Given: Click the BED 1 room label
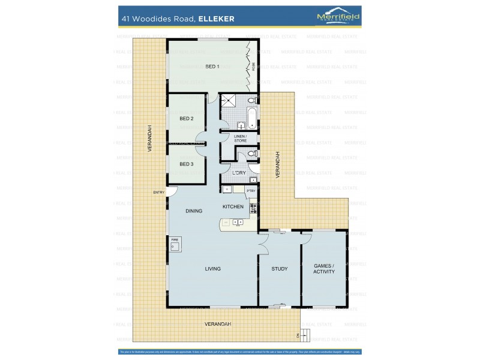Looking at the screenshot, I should pyautogui.click(x=212, y=66).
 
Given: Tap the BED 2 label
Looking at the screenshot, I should pyautogui.click(x=187, y=118).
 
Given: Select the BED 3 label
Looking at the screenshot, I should pyautogui.click(x=187, y=163).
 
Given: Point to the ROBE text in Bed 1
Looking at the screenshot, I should pyautogui.click(x=253, y=66).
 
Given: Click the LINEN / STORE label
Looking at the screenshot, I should pyautogui.click(x=240, y=139).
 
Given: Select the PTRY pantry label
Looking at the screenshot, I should pyautogui.click(x=251, y=191).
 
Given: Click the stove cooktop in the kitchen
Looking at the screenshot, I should pyautogui.click(x=253, y=209).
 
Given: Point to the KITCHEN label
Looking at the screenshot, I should pyautogui.click(x=233, y=206).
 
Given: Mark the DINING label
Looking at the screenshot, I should pyautogui.click(x=194, y=211).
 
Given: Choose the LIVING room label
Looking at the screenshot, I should pyautogui.click(x=212, y=269).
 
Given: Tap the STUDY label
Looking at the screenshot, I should pyautogui.click(x=280, y=269).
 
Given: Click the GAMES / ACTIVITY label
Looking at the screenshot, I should pyautogui.click(x=324, y=268).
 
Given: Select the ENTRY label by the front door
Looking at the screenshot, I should pyautogui.click(x=159, y=192).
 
